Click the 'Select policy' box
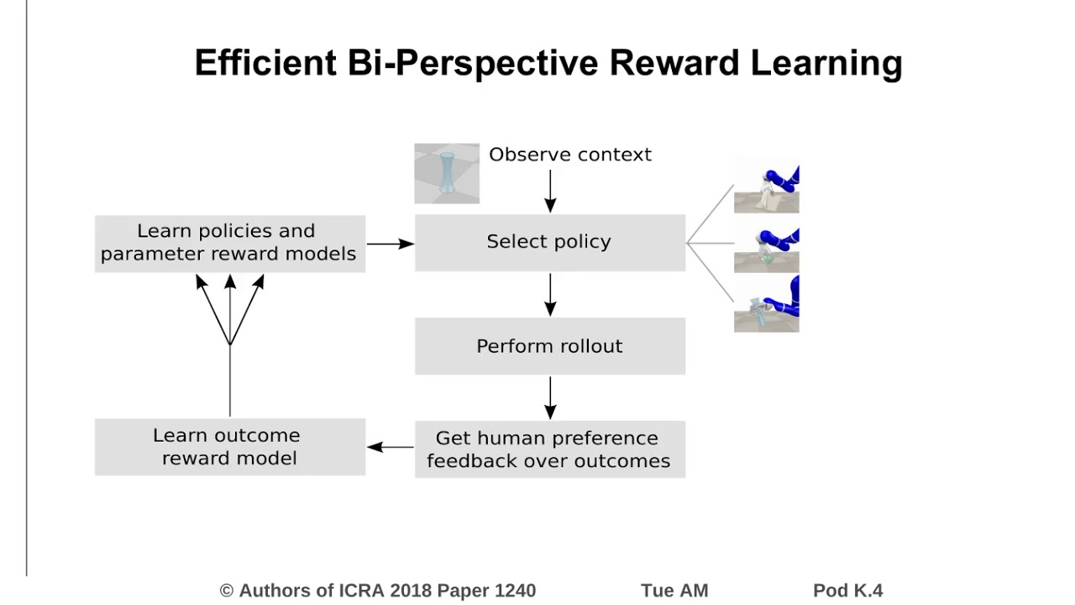(549, 242)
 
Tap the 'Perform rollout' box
(549, 346)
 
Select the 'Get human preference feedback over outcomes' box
(549, 450)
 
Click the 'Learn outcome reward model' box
(229, 447)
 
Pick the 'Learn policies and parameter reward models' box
(229, 243)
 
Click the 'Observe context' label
(569, 155)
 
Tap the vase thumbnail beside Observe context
(447, 174)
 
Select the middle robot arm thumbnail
(766, 249)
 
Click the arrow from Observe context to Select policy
(550, 191)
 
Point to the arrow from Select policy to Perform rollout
(550, 294)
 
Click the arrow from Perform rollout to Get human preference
(550, 397)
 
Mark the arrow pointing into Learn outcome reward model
(390, 447)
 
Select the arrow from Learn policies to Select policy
(391, 244)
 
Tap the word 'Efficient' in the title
(265, 63)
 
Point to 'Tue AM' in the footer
(674, 591)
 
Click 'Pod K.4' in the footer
(847, 591)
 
